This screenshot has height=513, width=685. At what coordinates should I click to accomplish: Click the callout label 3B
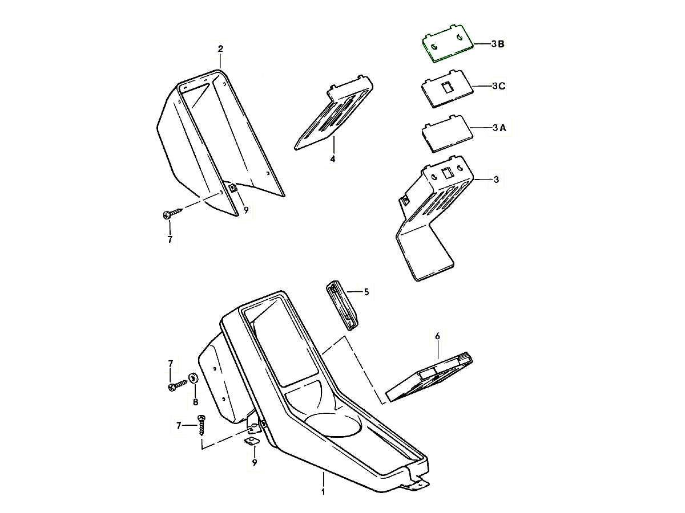coord(498,44)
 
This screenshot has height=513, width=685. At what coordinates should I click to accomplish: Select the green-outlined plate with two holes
coord(448,44)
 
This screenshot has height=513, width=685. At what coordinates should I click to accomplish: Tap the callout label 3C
coord(498,85)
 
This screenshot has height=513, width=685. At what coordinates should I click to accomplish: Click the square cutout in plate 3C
coord(447,87)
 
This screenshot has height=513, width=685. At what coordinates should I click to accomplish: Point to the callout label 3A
coord(499,128)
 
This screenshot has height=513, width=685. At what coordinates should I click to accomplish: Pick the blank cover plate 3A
coord(447,134)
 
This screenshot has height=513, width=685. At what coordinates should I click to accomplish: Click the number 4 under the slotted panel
coord(333,159)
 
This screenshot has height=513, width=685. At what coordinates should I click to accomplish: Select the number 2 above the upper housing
coord(220,49)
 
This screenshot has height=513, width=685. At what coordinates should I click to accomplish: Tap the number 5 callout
coord(366,292)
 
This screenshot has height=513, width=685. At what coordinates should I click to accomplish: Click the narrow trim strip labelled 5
coord(342,306)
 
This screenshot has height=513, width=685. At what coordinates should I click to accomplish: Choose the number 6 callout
coord(437,336)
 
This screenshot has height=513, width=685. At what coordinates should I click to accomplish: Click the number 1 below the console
coord(323,492)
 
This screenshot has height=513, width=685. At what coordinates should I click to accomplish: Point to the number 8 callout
coord(195,402)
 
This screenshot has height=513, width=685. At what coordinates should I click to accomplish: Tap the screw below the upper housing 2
coord(172,213)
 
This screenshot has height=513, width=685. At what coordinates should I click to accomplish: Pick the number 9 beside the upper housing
coord(246,210)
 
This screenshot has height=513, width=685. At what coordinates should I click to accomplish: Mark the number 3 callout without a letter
coord(496,180)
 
